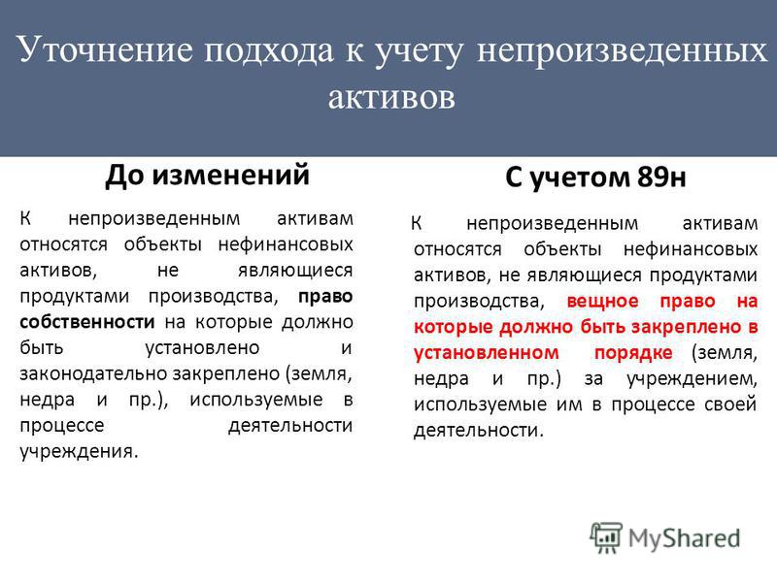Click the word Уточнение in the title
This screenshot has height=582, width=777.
coord(104,49)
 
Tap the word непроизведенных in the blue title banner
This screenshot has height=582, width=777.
coord(622,51)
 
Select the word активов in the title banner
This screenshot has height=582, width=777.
coord(391,96)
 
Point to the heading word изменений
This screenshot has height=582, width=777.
coord(230,175)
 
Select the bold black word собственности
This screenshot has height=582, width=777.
coord(87,322)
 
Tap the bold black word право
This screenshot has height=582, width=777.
coord(325,297)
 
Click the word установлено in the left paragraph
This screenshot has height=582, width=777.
coord(202,348)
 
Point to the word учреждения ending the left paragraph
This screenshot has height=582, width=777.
coord(79,451)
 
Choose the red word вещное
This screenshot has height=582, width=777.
coord(602,301)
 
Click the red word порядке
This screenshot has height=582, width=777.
coord(633,353)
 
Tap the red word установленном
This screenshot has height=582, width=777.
coord(487,353)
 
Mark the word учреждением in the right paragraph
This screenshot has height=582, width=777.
coord(692,379)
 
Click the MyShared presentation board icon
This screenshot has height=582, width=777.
coord(605,537)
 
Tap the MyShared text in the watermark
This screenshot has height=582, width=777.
coord(685,538)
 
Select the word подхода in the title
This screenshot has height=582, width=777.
coord(269,51)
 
